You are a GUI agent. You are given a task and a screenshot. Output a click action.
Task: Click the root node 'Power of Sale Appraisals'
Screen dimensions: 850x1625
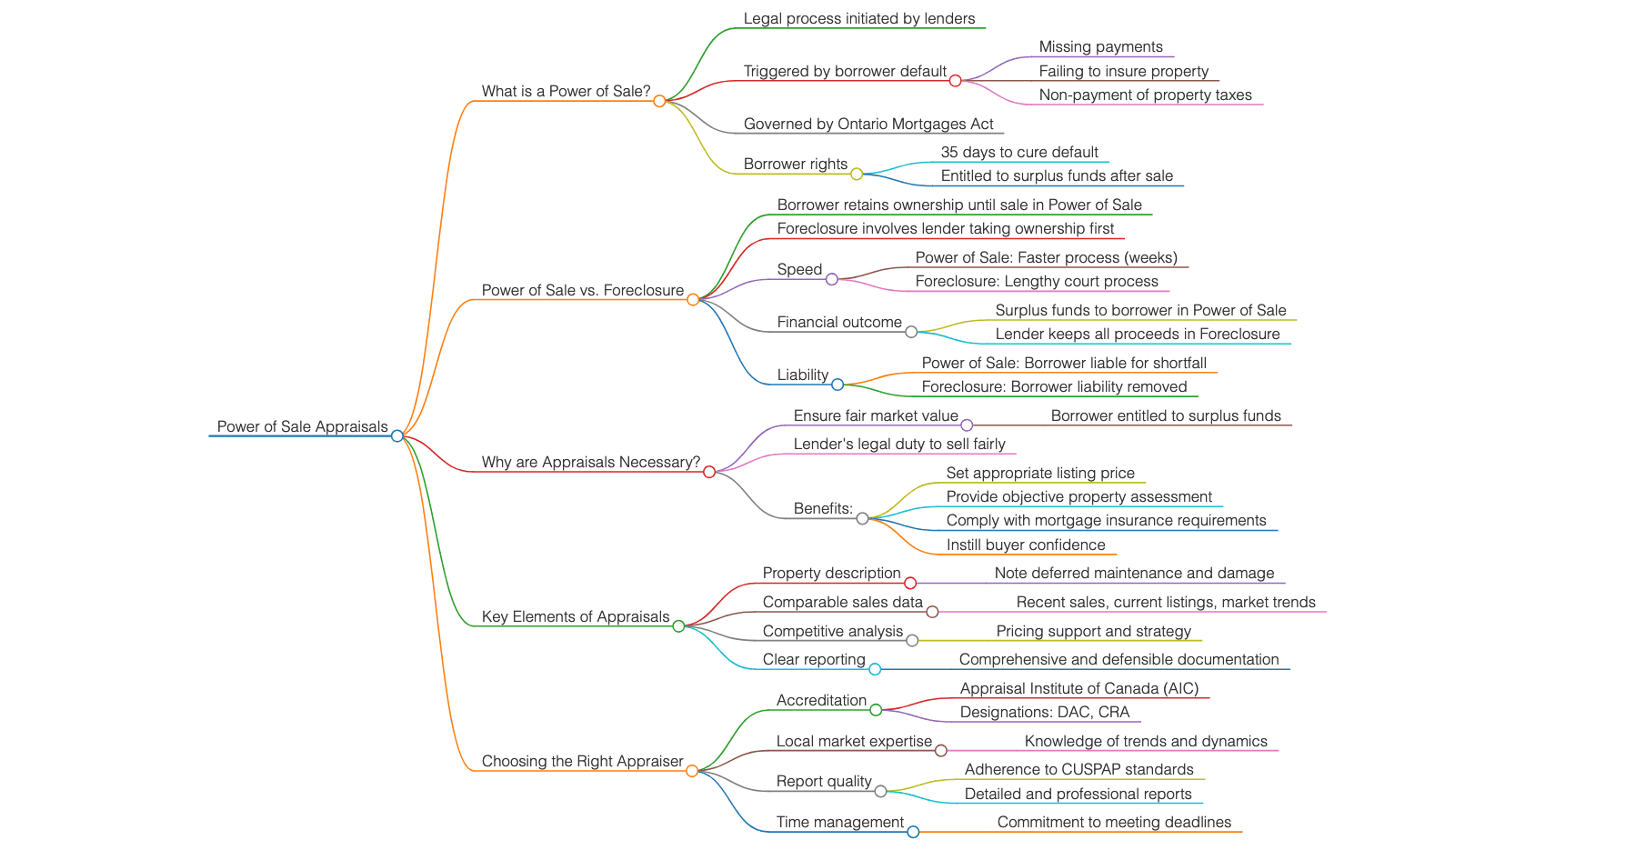pyautogui.click(x=302, y=426)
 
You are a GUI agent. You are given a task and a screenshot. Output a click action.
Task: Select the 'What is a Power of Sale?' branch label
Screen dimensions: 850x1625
pyautogui.click(x=566, y=91)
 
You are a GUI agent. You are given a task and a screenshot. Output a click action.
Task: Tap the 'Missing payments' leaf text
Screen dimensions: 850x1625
pyautogui.click(x=1100, y=46)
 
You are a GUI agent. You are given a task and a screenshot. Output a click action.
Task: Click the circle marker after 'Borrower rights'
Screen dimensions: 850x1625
pyautogui.click(x=857, y=174)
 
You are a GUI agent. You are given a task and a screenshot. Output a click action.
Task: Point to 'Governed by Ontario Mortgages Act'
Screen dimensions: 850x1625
pyautogui.click(x=868, y=124)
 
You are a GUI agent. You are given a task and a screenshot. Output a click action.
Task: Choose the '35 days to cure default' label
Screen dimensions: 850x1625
pyautogui.click(x=1018, y=152)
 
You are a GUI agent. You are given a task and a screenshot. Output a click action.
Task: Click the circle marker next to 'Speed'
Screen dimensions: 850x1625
pyautogui.click(x=831, y=279)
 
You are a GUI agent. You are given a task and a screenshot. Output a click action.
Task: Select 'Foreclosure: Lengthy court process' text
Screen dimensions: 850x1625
pyautogui.click(x=1036, y=281)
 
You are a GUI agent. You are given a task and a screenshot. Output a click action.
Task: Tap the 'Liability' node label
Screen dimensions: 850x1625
pyautogui.click(x=802, y=375)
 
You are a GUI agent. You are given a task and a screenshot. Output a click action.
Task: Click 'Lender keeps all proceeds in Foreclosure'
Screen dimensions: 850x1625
pyautogui.click(x=1137, y=334)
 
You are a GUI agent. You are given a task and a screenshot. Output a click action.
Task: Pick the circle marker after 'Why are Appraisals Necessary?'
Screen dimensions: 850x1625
pyautogui.click(x=709, y=472)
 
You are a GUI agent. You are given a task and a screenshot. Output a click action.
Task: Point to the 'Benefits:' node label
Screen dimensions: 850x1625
pyautogui.click(x=823, y=508)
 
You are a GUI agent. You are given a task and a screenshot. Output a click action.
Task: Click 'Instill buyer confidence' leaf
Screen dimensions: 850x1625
pyautogui.click(x=1025, y=545)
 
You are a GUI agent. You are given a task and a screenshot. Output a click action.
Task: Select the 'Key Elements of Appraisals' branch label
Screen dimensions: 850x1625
pyautogui.click(x=575, y=616)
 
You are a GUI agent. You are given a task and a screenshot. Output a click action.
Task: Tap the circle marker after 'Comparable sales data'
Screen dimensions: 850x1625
pyautogui.click(x=932, y=612)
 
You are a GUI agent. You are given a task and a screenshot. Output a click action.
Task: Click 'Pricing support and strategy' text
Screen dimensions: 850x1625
pyautogui.click(x=1093, y=631)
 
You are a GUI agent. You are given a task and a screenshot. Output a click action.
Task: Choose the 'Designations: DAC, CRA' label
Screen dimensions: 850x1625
pyautogui.click(x=1044, y=712)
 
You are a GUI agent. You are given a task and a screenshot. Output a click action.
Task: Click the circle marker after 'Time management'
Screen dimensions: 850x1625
pyautogui.click(x=913, y=832)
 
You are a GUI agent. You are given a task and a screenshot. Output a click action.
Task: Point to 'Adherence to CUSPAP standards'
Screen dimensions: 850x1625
pyautogui.click(x=1078, y=769)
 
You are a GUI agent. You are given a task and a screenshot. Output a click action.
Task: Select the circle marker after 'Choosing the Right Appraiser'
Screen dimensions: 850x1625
pyautogui.click(x=692, y=771)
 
